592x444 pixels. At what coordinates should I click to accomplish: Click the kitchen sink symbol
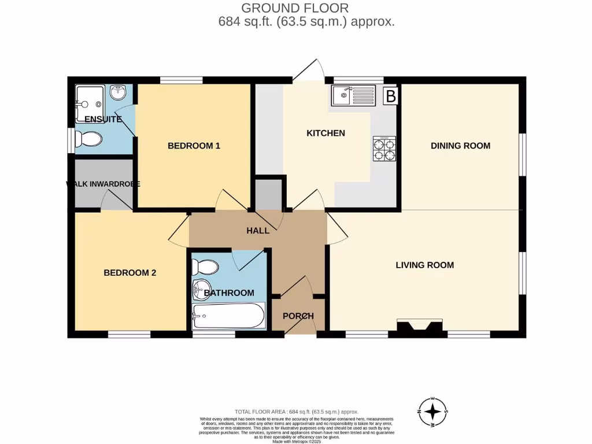click(x=353, y=95)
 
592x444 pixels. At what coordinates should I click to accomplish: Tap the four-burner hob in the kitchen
click(x=384, y=149)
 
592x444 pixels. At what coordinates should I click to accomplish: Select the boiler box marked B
click(x=391, y=96)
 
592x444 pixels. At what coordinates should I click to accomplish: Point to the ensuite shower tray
click(x=89, y=103)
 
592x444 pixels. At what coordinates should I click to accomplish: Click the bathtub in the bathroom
click(x=228, y=316)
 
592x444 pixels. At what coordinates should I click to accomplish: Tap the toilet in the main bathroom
click(x=205, y=267)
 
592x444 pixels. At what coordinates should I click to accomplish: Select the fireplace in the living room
click(x=421, y=327)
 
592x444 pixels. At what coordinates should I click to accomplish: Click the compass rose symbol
click(x=432, y=412)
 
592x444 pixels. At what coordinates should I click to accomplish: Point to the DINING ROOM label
click(x=460, y=146)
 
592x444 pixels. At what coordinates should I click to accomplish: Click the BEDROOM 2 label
click(x=130, y=273)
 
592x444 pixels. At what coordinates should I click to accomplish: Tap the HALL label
click(x=258, y=231)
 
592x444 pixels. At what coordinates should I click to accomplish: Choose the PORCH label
click(x=298, y=316)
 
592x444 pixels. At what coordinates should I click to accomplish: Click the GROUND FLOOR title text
click(x=295, y=8)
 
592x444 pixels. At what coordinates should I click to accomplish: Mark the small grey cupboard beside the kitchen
click(x=268, y=195)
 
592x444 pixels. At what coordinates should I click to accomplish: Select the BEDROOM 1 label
click(x=194, y=146)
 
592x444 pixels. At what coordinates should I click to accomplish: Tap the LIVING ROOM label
click(x=424, y=265)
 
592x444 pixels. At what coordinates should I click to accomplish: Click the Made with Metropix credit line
click(x=297, y=441)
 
